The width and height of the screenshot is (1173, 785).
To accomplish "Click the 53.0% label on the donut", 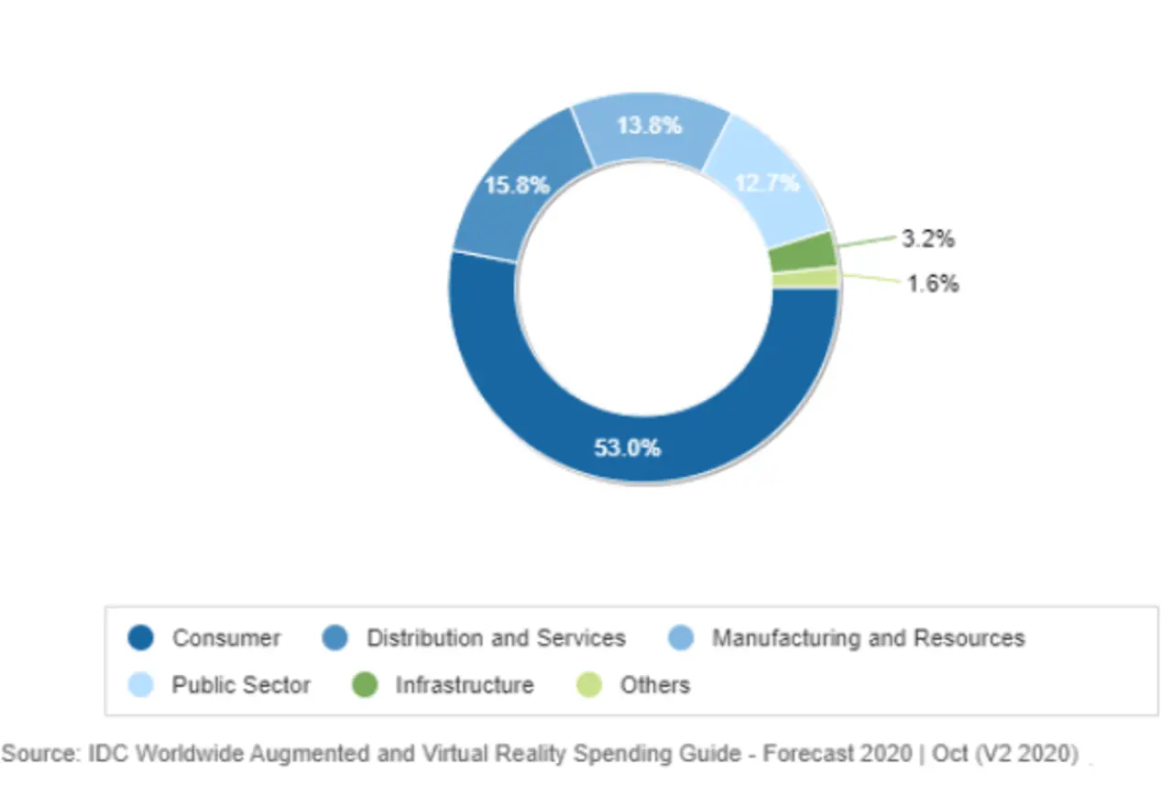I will (x=628, y=448).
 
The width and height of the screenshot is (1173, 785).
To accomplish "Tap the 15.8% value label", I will (x=517, y=185).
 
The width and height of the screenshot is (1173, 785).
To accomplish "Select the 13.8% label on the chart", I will (x=649, y=126).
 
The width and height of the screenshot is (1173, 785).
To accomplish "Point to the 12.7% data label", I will (x=767, y=183).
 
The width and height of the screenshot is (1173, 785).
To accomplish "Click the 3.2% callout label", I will (x=928, y=239).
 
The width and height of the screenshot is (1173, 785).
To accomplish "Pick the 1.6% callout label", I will (x=932, y=283).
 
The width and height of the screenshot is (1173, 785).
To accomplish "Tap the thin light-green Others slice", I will (x=806, y=278).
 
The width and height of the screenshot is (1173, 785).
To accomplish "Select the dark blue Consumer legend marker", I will (x=141, y=637).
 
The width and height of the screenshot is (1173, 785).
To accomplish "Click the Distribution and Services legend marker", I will (x=335, y=637).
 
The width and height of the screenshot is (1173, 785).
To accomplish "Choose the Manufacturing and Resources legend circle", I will (x=681, y=637).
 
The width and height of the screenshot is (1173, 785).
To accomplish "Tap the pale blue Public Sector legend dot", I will (x=141, y=684).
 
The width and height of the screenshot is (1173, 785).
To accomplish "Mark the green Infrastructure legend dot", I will (x=365, y=684).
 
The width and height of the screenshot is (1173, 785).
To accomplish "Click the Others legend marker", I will (x=589, y=684).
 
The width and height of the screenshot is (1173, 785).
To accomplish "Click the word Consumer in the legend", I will (x=226, y=637).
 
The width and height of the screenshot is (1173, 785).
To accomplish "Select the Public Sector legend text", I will (x=241, y=684).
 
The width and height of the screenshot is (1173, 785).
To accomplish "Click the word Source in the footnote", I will (x=40, y=754).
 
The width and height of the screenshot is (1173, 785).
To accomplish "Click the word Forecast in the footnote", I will (x=807, y=754).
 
